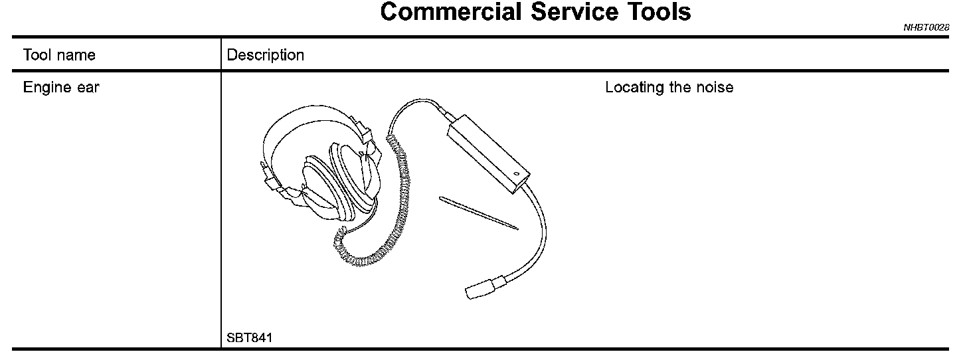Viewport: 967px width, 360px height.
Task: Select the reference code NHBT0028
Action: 926,28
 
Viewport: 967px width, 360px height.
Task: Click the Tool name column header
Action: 59,55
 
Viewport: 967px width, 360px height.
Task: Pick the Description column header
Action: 266,55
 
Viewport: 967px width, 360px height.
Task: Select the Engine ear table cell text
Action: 61,88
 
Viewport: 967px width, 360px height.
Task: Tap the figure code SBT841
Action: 250,338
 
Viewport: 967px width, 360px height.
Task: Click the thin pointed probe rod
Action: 478,212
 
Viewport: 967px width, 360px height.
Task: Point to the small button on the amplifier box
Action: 516,175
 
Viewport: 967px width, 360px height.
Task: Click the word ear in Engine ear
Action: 87,88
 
